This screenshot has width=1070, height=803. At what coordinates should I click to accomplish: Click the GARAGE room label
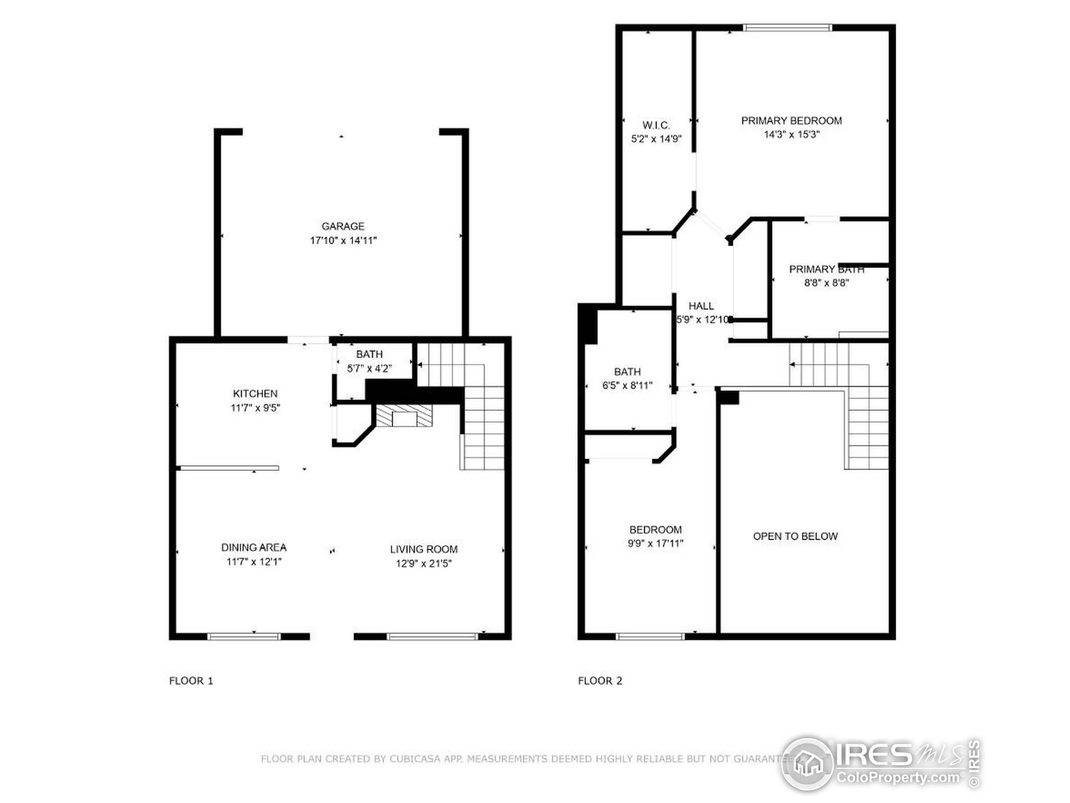[x=343, y=226]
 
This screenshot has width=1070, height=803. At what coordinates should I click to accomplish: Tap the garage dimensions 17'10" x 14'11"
[x=343, y=240]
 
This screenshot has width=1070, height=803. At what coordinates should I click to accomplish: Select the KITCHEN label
[x=255, y=394]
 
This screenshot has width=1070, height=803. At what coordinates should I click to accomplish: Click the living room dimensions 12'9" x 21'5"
[x=423, y=563]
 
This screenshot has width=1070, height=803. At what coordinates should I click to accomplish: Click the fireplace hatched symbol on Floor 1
[x=404, y=416]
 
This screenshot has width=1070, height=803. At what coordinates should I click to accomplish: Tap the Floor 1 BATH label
[x=369, y=354]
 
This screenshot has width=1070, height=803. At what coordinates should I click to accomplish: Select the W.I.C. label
[x=656, y=125]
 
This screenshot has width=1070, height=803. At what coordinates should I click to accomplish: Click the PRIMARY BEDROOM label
[x=791, y=120]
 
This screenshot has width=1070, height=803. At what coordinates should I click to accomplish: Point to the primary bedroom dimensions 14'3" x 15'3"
[x=791, y=135]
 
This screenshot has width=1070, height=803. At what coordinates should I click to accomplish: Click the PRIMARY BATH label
[x=826, y=269]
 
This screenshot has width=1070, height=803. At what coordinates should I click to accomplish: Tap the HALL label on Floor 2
[x=701, y=306]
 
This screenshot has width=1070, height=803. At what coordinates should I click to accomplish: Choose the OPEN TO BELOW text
[x=795, y=536]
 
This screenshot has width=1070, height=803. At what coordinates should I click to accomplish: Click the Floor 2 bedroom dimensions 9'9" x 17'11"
[x=655, y=544]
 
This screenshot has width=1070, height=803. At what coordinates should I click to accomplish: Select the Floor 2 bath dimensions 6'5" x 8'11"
[x=627, y=386]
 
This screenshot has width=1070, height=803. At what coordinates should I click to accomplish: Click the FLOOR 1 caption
[x=191, y=681]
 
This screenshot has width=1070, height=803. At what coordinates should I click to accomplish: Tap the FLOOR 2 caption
[x=600, y=681]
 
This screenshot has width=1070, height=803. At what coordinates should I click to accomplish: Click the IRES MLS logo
[x=880, y=764]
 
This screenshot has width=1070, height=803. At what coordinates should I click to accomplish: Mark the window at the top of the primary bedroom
[x=787, y=28]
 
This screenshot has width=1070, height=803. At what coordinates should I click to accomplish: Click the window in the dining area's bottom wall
[x=244, y=637]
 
